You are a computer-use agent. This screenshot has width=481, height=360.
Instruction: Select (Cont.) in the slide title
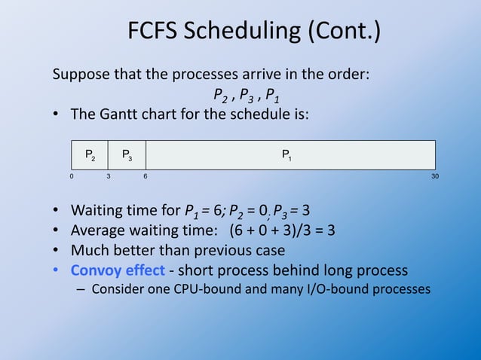pyautogui.click(x=344, y=32)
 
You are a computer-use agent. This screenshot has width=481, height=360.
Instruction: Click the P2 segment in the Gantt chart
pyautogui.click(x=90, y=155)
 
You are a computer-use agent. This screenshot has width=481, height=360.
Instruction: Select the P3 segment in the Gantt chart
pyautogui.click(x=127, y=155)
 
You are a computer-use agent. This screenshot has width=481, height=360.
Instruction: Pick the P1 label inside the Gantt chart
pyautogui.click(x=287, y=155)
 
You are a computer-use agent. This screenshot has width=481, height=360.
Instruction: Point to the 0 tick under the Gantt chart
pyautogui.click(x=72, y=176)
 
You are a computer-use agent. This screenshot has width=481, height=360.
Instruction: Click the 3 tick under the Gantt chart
pyautogui.click(x=109, y=176)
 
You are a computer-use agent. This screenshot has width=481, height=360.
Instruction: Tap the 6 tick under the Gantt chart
pyautogui.click(x=146, y=176)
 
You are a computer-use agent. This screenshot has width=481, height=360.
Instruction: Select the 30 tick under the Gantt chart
pyautogui.click(x=434, y=176)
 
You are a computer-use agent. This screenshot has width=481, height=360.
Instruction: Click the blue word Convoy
pyautogui.click(x=97, y=270)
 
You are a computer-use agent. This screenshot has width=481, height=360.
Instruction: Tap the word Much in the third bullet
pyautogui.click(x=89, y=250)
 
